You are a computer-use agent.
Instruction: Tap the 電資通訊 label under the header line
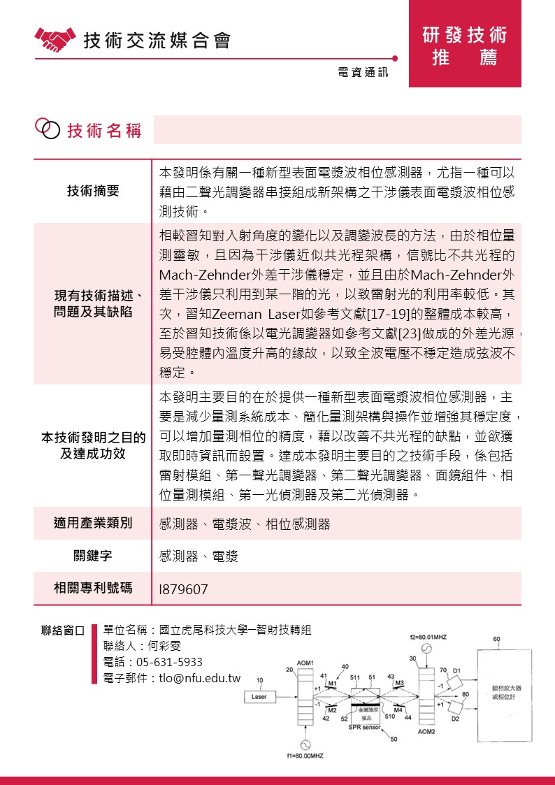click(x=362, y=72)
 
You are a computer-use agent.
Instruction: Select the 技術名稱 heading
click(x=104, y=130)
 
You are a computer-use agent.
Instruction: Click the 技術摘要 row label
click(x=93, y=191)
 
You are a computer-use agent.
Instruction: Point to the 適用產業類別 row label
click(x=93, y=523)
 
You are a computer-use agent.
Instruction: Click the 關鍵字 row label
click(x=93, y=556)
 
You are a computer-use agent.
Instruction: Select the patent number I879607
click(x=184, y=589)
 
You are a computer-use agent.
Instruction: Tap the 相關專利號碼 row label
click(x=93, y=588)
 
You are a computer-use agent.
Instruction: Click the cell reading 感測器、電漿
click(x=199, y=556)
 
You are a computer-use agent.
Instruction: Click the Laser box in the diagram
click(x=259, y=696)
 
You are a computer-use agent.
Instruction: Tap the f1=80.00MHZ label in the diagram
click(x=305, y=756)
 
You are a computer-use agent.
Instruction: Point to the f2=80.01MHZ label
click(x=428, y=638)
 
